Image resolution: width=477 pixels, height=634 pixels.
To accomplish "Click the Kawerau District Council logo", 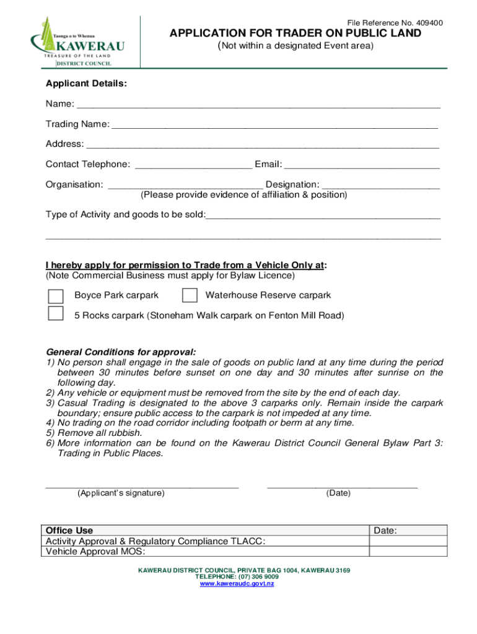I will [77, 42].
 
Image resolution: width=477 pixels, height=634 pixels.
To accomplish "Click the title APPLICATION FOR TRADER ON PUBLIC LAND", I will [295, 33].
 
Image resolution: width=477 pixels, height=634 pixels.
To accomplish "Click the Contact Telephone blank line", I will [193, 165].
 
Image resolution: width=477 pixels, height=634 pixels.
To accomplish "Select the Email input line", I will [362, 165].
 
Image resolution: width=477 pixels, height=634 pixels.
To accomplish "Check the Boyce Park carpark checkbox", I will [56, 295].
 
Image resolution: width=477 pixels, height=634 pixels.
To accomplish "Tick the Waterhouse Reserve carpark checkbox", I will [190, 295].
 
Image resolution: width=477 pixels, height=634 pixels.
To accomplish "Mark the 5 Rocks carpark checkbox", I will [56, 314].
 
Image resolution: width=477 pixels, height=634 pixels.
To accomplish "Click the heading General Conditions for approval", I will [121, 352].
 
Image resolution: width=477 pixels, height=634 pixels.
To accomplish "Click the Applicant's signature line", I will [142, 486].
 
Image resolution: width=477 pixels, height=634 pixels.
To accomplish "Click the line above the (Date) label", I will [342, 486].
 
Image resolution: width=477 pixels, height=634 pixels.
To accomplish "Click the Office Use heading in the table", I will [69, 531].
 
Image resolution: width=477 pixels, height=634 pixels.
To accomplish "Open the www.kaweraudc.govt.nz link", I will [237, 584].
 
